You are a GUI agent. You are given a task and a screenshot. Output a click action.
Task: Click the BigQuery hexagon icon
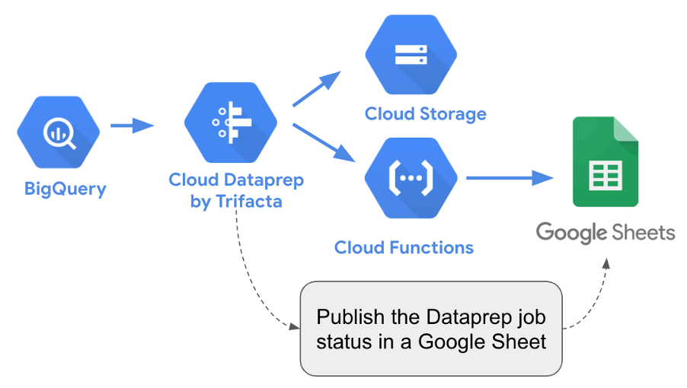59,132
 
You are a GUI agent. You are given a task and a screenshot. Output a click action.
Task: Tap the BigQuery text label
65,189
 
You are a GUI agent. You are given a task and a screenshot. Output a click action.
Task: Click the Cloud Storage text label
425,114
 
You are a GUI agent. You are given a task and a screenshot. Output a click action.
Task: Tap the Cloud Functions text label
404,247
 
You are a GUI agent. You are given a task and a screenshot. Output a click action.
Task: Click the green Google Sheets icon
606,162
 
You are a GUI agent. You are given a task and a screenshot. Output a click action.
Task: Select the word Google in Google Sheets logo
570,232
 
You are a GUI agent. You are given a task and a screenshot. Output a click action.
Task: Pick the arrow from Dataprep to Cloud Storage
316,91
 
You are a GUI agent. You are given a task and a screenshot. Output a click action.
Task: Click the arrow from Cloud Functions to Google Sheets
509,178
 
